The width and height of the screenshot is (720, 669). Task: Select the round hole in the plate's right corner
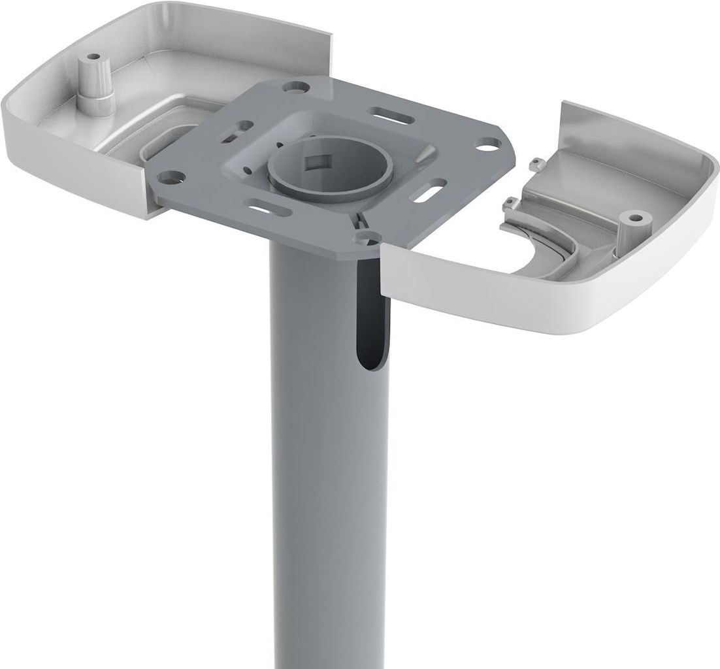point(484,146)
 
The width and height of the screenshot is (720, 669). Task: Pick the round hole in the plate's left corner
point(171,176)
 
